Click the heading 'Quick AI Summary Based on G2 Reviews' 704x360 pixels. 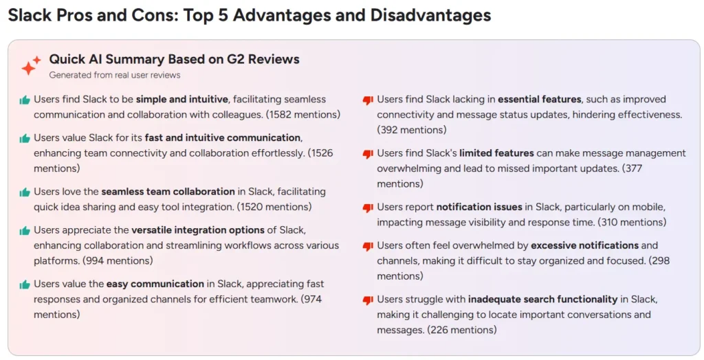click(x=174, y=59)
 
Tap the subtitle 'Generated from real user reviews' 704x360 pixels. click(x=115, y=75)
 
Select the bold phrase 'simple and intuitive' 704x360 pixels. click(x=182, y=99)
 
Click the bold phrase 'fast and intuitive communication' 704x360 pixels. click(x=223, y=138)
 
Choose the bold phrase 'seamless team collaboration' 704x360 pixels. click(x=168, y=192)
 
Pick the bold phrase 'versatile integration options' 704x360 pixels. click(x=198, y=230)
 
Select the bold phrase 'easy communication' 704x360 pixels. click(x=155, y=284)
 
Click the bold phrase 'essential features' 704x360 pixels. click(x=540, y=99)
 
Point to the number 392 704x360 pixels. click(x=390, y=130)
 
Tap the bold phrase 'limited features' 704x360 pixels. click(x=496, y=153)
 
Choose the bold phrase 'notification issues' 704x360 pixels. click(x=479, y=207)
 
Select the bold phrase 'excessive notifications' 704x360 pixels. click(x=584, y=245)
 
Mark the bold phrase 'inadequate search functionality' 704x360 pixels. click(x=543, y=300)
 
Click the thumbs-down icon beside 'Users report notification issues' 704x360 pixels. click(x=368, y=208)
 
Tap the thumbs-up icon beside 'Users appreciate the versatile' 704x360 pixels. click(x=25, y=231)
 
